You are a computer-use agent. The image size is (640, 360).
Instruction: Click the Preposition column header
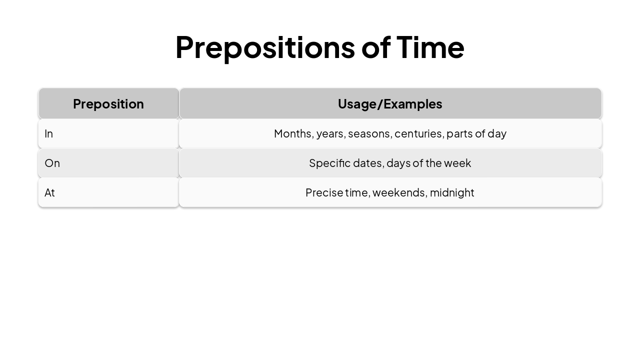(108, 103)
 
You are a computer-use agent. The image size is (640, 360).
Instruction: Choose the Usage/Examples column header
(390, 103)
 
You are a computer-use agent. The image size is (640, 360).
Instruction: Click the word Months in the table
(292, 133)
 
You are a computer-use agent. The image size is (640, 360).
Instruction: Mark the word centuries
(418, 133)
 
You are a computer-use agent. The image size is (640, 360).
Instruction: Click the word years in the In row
(330, 133)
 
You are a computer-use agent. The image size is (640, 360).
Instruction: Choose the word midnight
(452, 192)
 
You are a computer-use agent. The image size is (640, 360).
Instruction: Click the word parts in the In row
(459, 133)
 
